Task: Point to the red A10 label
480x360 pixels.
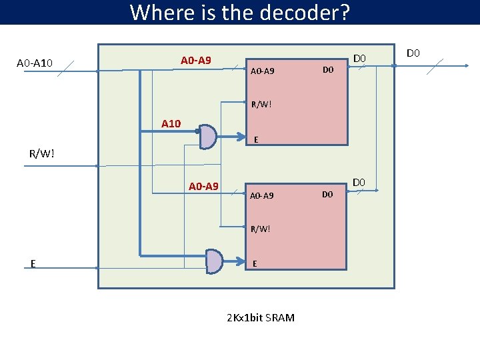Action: click(171, 123)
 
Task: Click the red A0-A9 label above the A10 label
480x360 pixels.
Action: click(196, 61)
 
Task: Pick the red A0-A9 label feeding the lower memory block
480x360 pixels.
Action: click(203, 186)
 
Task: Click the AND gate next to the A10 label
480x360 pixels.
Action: click(208, 136)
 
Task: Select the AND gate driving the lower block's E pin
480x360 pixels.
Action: click(213, 261)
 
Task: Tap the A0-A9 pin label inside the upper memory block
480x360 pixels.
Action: click(262, 71)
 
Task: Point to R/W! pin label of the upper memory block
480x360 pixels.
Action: click(261, 104)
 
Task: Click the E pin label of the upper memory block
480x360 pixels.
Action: click(256, 140)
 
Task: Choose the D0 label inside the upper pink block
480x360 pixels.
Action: click(327, 70)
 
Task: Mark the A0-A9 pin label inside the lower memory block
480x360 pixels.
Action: click(262, 196)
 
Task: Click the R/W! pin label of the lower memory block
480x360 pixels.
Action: click(261, 229)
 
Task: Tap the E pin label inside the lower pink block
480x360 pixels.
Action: click(255, 264)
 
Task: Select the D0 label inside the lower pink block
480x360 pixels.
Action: click(327, 195)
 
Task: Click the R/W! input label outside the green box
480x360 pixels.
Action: click(41, 155)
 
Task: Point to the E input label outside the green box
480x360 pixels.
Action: click(33, 263)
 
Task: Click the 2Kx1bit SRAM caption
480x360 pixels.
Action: click(261, 317)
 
